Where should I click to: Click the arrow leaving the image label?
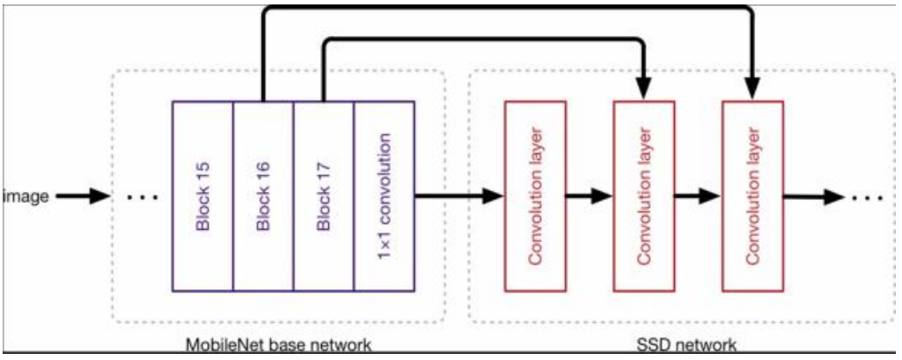pyautogui.click(x=74, y=196)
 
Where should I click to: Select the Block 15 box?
pyautogui.click(x=203, y=195)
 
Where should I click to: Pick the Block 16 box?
pyautogui.click(x=263, y=195)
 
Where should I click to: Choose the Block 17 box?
pyautogui.click(x=323, y=195)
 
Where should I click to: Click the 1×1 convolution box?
pyautogui.click(x=384, y=195)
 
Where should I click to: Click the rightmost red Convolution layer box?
pyautogui.click(x=753, y=195)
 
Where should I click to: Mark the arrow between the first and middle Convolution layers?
pyautogui.click(x=589, y=196)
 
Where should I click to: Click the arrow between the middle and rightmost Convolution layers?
pyautogui.click(x=699, y=196)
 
